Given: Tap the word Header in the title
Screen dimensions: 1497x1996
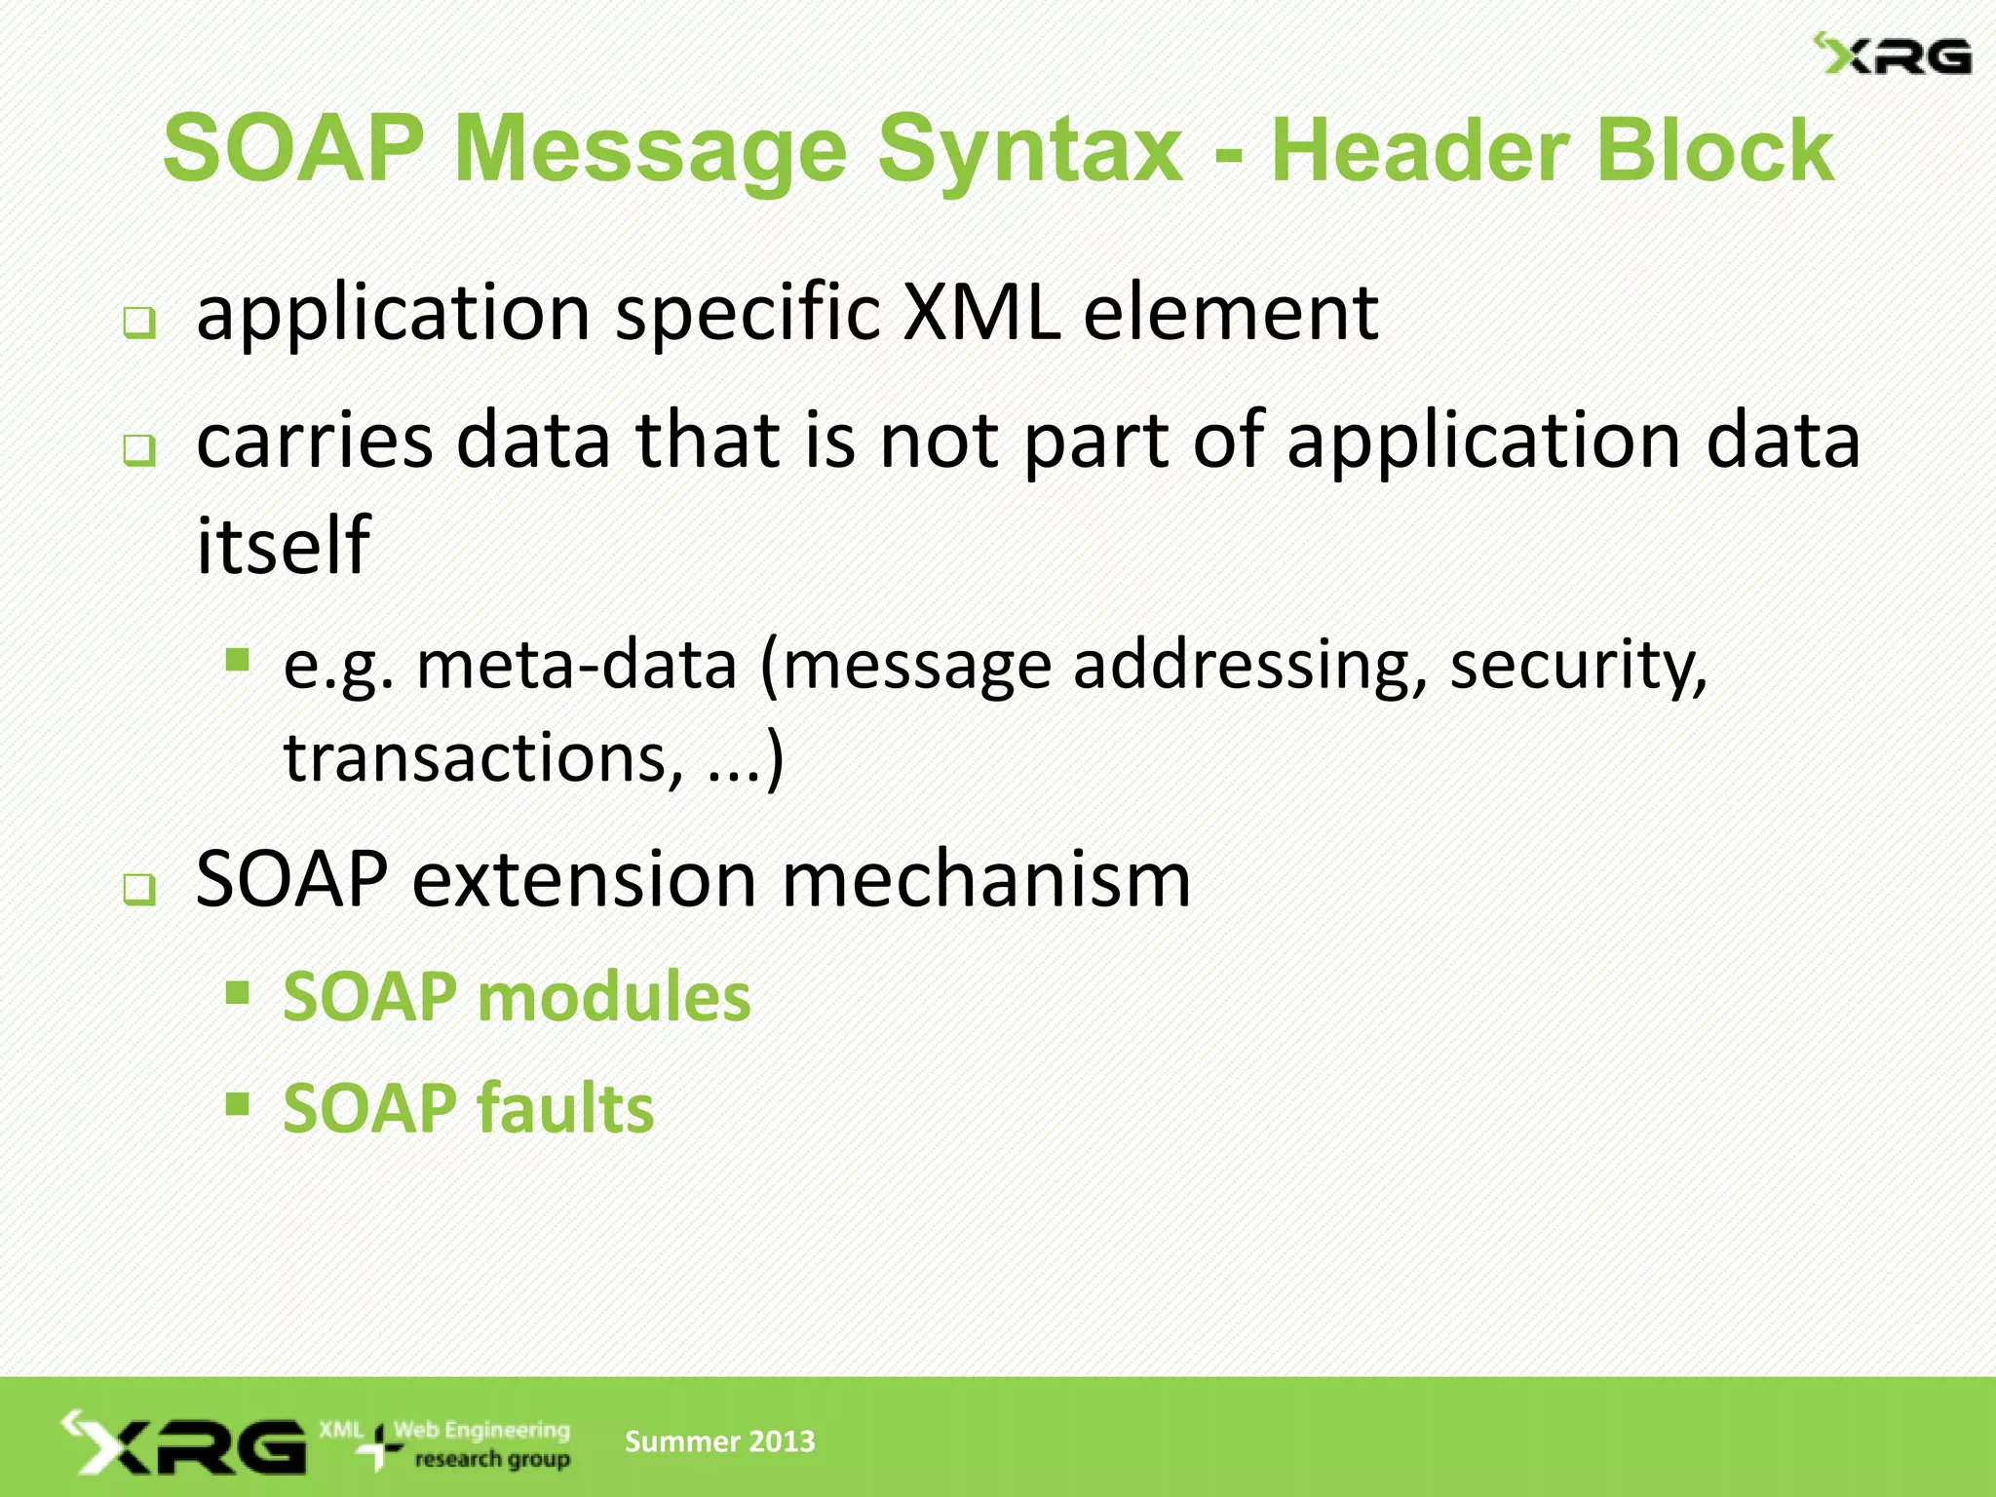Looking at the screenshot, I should point(1419,151).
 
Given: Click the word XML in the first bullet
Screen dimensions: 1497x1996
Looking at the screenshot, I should point(980,314).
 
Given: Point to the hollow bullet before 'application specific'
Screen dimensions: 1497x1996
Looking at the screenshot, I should point(139,323).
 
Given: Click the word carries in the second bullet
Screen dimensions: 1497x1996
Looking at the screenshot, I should point(314,441).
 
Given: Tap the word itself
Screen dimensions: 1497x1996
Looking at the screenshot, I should point(283,545).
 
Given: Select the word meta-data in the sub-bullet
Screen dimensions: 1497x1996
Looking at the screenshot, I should point(576,666).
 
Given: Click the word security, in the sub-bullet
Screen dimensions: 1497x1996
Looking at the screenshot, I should point(1578,668).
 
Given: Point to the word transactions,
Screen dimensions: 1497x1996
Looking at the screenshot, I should point(483,757).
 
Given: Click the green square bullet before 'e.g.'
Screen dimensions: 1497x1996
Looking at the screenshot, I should point(237,661).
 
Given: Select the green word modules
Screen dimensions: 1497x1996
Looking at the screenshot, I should point(614,998).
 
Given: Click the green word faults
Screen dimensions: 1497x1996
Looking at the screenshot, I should point(565,1109).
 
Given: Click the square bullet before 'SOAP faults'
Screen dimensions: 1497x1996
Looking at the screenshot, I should point(237,1103).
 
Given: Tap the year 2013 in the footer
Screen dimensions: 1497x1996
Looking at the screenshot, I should point(779,1441).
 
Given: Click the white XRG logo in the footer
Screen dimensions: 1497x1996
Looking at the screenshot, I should point(185,1444).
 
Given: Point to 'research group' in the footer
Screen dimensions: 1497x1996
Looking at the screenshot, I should point(492,1460).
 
